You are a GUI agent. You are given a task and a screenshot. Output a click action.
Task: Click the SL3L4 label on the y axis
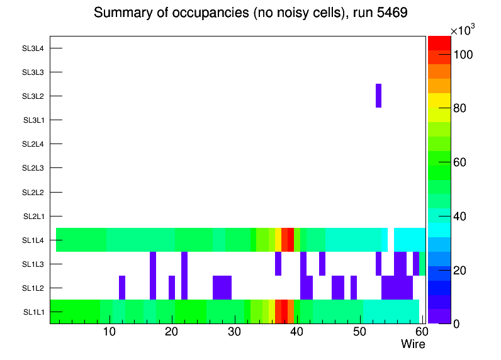click(33, 48)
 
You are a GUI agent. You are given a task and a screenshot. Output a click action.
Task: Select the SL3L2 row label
click(33, 96)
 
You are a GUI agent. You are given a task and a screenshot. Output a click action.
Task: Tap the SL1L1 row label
click(34, 312)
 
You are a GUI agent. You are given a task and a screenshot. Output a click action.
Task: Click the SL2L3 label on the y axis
click(33, 168)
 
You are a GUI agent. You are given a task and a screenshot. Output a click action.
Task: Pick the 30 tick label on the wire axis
click(234, 332)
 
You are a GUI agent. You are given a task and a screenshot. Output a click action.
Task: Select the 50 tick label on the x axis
click(359, 332)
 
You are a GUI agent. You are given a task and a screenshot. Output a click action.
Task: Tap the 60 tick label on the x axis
click(420, 332)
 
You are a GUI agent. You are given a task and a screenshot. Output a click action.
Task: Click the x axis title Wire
click(413, 344)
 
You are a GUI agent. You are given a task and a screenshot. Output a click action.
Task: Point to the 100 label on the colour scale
click(463, 55)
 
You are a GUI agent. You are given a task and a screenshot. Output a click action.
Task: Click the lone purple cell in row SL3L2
click(378, 96)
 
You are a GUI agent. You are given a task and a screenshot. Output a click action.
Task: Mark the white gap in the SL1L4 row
click(390, 240)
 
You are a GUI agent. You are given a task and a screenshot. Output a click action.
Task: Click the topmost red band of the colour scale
click(439, 42)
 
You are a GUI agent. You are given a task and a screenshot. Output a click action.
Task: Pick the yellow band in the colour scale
click(439, 100)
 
